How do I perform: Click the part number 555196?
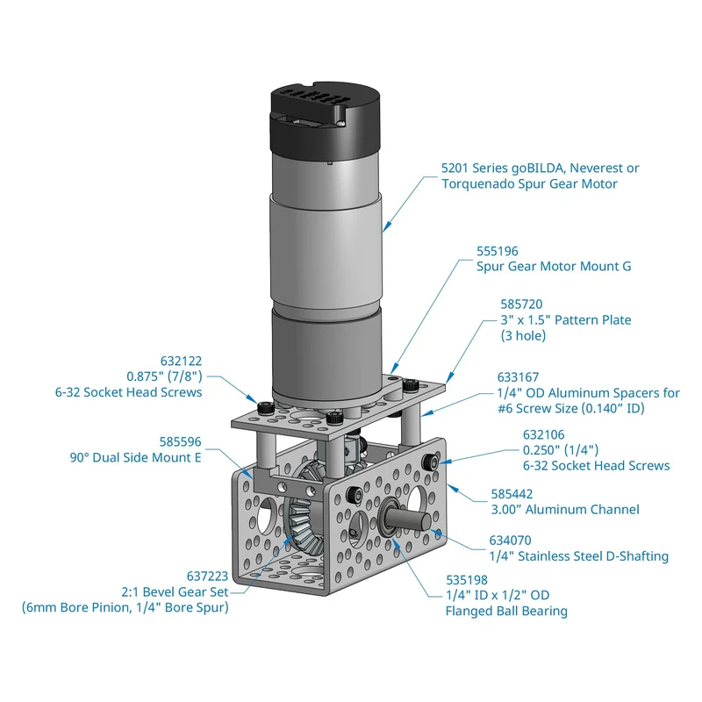coord(497,251)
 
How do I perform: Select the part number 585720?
coord(521,304)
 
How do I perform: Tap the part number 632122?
coord(181,361)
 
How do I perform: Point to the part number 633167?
coord(518,377)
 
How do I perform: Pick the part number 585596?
coord(181,442)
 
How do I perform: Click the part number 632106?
coord(543,434)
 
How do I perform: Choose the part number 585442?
coord(512,494)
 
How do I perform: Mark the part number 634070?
coord(510,541)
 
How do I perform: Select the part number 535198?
coord(467,580)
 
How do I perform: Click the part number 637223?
coord(207,577)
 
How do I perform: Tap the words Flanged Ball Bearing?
coord(506,611)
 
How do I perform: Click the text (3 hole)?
coord(523,336)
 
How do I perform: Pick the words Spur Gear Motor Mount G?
coord(554,267)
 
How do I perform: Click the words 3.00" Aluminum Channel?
coord(565,510)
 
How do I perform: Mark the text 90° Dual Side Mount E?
coord(136,457)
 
